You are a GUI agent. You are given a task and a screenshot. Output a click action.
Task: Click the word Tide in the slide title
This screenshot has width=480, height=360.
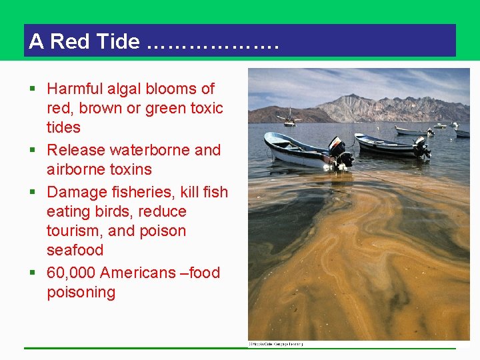pos(118,41)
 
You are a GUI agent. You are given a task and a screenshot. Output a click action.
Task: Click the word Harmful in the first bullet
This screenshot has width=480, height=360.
pos(74,89)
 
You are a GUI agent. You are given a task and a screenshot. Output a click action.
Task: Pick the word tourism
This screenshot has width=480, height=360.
pos(75,231)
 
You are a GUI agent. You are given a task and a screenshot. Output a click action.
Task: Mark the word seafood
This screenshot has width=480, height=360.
pos(75,250)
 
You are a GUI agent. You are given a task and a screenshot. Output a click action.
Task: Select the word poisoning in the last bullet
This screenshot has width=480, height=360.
pos(81,292)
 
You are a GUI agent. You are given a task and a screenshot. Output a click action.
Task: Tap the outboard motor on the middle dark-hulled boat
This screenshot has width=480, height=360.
pos(421,146)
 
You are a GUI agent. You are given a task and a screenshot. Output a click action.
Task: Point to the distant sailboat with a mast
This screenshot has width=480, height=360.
pos(289,118)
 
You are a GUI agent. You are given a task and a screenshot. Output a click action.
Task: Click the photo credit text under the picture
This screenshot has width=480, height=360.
pos(275,344)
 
